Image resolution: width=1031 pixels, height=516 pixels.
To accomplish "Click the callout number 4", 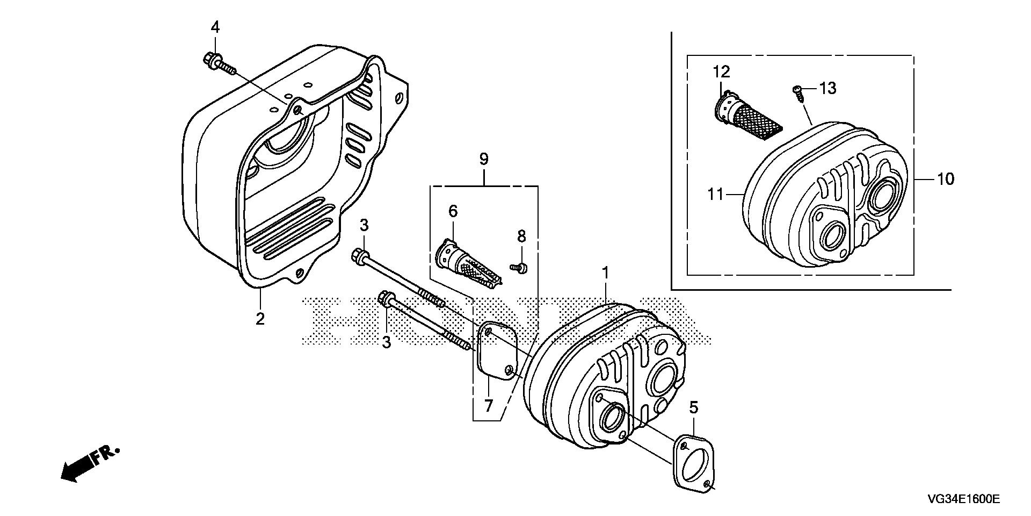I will click(x=215, y=27).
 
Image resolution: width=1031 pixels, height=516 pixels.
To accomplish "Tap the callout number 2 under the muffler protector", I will click(x=260, y=319).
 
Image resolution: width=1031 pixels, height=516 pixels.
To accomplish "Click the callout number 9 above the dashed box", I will click(x=484, y=159).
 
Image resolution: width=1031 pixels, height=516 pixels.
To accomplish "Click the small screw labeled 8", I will click(x=518, y=267).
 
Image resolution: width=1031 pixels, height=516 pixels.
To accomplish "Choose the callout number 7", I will click(x=488, y=406).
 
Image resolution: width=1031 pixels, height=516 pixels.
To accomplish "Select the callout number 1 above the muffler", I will click(x=605, y=274).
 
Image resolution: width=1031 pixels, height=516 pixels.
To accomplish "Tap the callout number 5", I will click(x=694, y=407).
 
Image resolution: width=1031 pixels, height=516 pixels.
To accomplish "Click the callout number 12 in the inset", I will click(x=722, y=71).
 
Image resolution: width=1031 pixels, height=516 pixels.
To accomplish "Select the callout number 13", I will click(x=828, y=88).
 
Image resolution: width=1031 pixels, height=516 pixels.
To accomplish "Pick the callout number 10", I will click(x=946, y=179).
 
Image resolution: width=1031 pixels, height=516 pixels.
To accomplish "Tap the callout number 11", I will click(x=716, y=194).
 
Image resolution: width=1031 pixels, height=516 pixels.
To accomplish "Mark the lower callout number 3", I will click(x=387, y=342).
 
